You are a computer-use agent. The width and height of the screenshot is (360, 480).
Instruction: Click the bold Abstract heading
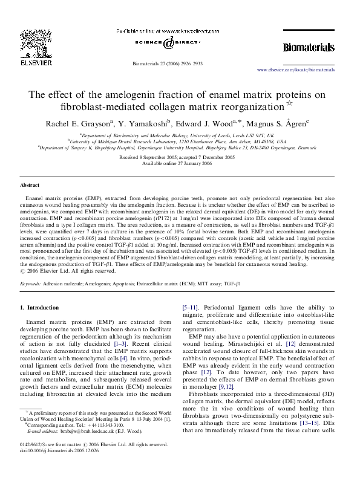[x=30, y=184]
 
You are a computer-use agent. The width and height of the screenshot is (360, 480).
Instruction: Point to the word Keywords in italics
[x=31, y=283]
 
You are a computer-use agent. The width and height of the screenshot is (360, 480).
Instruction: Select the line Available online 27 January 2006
[x=179, y=163]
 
